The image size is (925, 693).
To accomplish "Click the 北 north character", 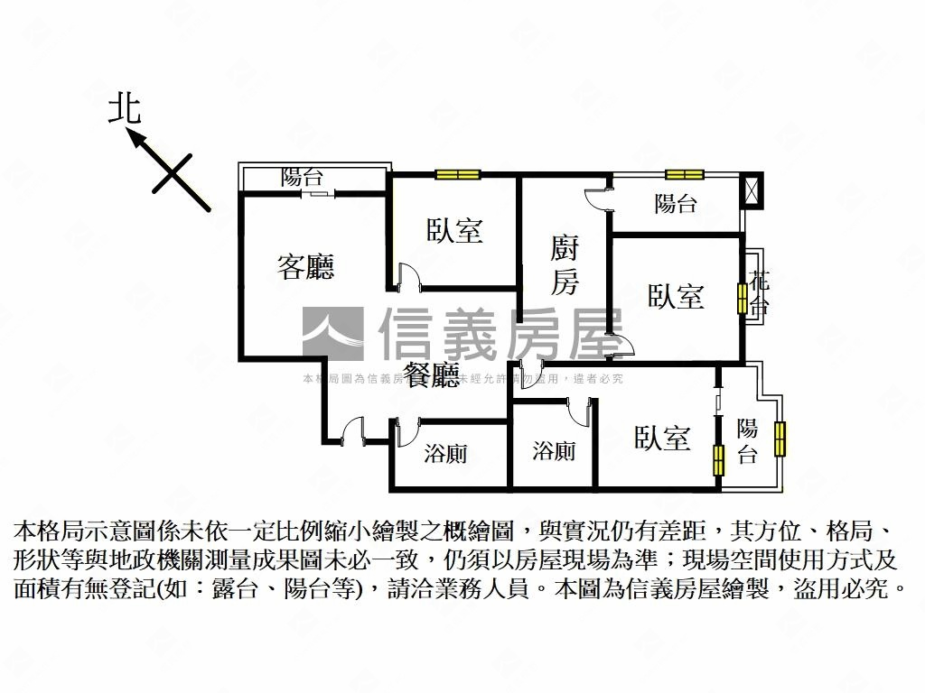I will pos(125,109).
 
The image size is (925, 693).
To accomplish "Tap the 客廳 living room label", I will pos(305,266).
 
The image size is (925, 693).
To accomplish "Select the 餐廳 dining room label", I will pos(432,375).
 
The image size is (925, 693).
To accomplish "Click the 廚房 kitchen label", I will pos(565,266).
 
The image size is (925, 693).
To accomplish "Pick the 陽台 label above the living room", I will pos(303,178).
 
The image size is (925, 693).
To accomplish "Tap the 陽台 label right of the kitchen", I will pos(676,204).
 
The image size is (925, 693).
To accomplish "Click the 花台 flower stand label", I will pos(760,292).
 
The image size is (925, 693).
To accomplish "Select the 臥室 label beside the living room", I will pos(455,231).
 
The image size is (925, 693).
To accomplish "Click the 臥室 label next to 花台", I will pos(676,296).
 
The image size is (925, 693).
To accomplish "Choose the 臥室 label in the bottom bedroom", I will pos(662,439).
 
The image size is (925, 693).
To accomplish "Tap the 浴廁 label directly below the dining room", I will pos(445,454).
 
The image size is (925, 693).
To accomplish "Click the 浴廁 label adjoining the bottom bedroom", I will pos(553,450).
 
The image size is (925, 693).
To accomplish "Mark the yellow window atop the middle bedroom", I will pos(457,175).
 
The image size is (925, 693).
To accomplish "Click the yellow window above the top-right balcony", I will pos(684,175).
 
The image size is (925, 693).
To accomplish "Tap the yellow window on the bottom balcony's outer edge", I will pos(780,438).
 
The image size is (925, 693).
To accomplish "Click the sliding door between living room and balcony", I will pos(314,192).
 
